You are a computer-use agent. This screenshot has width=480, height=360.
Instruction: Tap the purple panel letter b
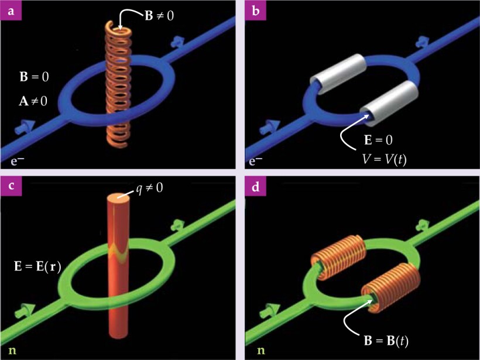[254, 11]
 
